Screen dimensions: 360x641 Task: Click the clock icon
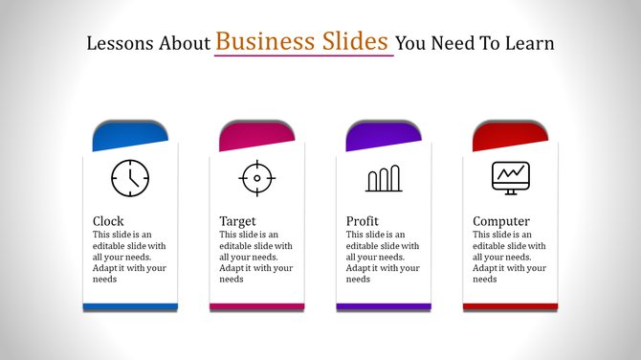pyautogui.click(x=130, y=178)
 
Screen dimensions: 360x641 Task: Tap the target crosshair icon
pyautogui.click(x=256, y=178)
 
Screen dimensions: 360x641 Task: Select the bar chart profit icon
pyautogui.click(x=383, y=179)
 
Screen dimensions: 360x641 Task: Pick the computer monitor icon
pyautogui.click(x=510, y=177)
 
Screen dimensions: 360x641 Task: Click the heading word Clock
pyautogui.click(x=108, y=221)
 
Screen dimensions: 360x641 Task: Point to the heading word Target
pyautogui.click(x=237, y=221)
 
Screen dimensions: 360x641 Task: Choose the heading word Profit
pyautogui.click(x=363, y=221)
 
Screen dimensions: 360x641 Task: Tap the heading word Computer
pyautogui.click(x=501, y=221)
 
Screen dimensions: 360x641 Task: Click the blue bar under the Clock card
pyautogui.click(x=130, y=306)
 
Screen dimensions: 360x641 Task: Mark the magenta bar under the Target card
pyautogui.click(x=256, y=306)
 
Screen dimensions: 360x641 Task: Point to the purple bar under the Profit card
pyautogui.click(x=384, y=306)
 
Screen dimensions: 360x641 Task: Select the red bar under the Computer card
pyautogui.click(x=510, y=306)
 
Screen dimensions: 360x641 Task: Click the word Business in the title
pyautogui.click(x=264, y=41)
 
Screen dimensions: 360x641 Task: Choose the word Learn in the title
pyautogui.click(x=531, y=44)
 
